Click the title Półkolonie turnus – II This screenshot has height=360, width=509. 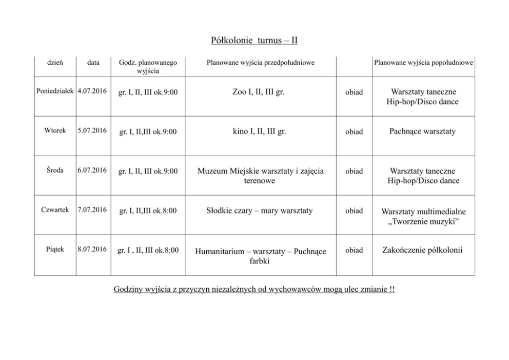point(254,40)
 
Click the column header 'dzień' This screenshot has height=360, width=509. point(55,63)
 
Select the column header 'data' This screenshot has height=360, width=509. point(93,63)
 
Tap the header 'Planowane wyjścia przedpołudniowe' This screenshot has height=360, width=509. point(260,63)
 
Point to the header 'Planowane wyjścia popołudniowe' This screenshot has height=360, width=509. point(423,63)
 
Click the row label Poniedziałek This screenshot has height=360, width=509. point(55,91)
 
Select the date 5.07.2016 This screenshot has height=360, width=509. point(92,130)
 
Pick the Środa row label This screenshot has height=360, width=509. point(55,170)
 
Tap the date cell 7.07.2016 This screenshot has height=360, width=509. point(92,210)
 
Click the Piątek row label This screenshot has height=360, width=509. point(55,249)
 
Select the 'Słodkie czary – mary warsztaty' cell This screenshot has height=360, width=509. point(259,211)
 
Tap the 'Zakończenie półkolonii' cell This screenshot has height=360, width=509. point(422,250)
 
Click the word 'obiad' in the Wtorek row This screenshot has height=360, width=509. point(354,131)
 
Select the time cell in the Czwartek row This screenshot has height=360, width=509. point(148,211)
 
